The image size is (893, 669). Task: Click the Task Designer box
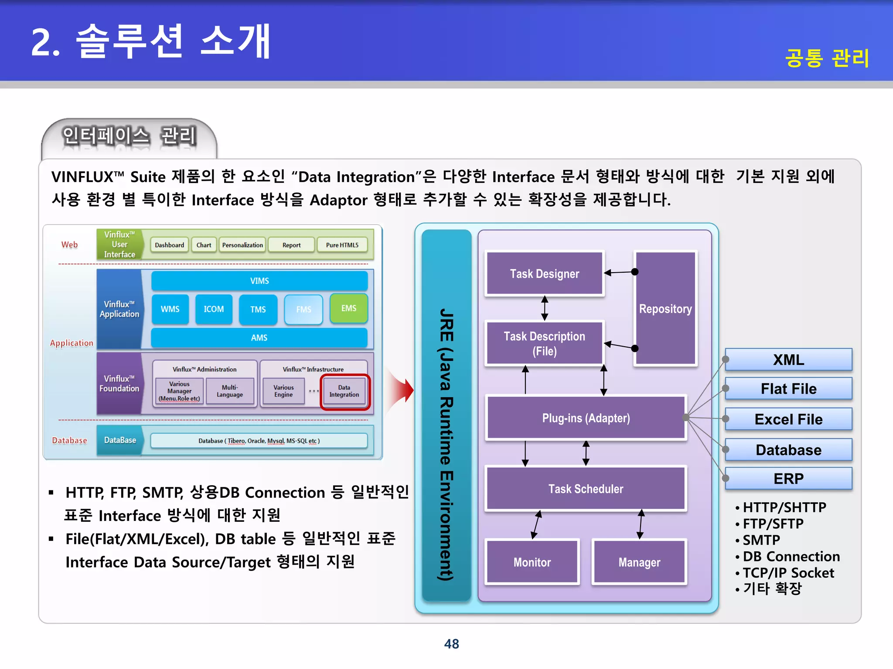pos(544,274)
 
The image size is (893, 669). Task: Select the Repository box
pos(665,309)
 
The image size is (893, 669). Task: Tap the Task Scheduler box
pos(586,489)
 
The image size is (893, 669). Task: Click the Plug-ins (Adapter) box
pos(586,418)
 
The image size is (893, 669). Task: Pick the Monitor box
pos(532,562)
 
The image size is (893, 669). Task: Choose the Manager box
pos(639,562)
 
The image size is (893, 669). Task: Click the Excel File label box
pos(788,419)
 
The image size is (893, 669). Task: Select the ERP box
pos(788,478)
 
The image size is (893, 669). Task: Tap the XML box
pos(788,360)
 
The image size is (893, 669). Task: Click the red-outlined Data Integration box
pos(344,391)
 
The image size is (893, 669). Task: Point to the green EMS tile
pos(348,308)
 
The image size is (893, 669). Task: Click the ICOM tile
pos(214,309)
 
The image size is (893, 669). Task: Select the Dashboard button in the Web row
pos(169,245)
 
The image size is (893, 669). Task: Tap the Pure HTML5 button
pos(342,245)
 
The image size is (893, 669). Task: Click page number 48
pos(451,644)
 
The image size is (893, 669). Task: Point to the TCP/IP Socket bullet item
pos(788,573)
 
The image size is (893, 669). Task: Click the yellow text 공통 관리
pos(827,58)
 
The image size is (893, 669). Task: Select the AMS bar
pos(259,338)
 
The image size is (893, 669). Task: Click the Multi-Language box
pos(230,391)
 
